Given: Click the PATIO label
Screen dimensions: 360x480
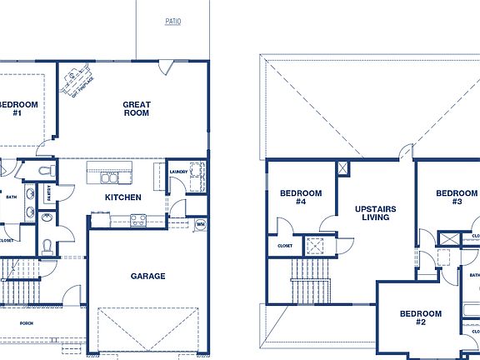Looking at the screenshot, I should click(x=172, y=22).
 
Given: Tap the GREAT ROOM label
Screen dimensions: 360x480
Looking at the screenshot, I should click(x=137, y=109).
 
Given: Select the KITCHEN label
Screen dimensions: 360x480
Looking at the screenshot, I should click(x=122, y=197).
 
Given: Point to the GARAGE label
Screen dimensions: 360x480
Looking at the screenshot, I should click(x=147, y=276).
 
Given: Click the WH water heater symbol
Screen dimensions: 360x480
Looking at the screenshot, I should click(x=200, y=224).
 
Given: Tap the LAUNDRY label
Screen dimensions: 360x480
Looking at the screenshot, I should click(x=178, y=172).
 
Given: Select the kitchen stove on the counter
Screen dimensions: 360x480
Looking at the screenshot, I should click(x=137, y=220).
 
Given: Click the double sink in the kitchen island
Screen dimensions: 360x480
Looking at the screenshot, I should click(x=110, y=177).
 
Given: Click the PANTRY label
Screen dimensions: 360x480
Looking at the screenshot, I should click(x=49, y=194).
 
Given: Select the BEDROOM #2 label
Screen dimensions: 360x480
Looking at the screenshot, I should click(x=412, y=317).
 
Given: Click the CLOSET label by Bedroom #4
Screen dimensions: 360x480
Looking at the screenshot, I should click(x=284, y=246).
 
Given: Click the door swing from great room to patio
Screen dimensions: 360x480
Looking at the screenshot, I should click(x=167, y=65).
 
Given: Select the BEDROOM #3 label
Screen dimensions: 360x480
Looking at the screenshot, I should click(x=457, y=197).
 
